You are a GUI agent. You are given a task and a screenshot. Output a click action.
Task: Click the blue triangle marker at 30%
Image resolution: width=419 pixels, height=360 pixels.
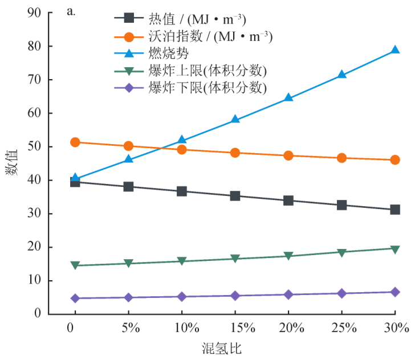click(394, 50)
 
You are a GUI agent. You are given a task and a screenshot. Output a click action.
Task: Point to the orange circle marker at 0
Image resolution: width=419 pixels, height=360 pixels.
click(75, 142)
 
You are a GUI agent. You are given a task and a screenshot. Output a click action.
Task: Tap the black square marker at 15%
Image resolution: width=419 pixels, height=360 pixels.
click(235, 196)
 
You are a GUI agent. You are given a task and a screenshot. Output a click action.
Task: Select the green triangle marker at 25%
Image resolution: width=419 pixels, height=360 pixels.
click(341, 252)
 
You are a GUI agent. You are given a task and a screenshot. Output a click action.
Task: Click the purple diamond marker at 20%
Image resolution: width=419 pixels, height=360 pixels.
click(288, 294)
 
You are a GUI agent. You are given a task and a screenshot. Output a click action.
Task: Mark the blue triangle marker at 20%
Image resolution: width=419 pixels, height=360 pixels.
click(288, 97)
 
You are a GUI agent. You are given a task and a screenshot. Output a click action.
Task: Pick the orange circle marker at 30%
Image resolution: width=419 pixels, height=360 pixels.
click(394, 160)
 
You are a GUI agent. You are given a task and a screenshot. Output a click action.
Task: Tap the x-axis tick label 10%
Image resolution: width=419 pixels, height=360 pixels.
click(182, 328)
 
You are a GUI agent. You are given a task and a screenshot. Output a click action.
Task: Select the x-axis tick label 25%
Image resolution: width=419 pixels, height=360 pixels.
click(341, 328)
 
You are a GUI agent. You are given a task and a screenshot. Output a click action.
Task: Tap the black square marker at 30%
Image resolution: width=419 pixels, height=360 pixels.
click(394, 210)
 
